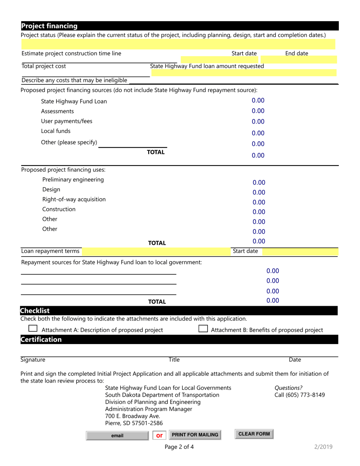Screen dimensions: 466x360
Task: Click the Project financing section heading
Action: [49, 26]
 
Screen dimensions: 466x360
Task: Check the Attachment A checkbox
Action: [33, 328]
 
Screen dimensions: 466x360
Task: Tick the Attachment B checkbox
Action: [203, 328]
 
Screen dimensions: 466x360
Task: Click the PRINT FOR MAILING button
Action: [195, 435]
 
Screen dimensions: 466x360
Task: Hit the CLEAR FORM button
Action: [254, 434]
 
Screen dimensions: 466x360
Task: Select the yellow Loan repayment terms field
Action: [156, 251]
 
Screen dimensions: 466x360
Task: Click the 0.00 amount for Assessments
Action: [258, 111]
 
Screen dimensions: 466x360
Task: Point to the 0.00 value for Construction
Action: [259, 212]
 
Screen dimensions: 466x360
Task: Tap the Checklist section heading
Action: [35, 311]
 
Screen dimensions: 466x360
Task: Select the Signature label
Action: [33, 360]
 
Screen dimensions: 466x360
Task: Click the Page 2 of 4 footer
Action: [179, 447]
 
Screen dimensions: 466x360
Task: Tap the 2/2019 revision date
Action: [323, 447]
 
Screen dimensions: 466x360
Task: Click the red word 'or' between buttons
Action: [160, 436]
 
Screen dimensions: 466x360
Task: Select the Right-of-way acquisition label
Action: [74, 199]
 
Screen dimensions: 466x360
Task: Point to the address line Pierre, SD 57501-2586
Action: [134, 423]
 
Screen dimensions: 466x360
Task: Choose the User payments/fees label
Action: [67, 121]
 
